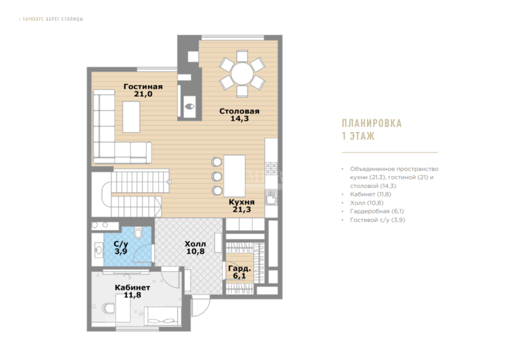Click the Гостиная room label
click(143, 87)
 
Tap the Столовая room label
click(240, 111)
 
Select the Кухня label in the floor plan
click(242, 202)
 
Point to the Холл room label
click(195, 244)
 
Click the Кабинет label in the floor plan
click(132, 287)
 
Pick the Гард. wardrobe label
click(240, 269)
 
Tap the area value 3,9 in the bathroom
click(121, 252)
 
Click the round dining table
click(242, 74)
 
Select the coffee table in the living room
click(131, 116)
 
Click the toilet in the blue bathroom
click(138, 233)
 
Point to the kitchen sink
click(271, 197)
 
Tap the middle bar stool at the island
click(216, 176)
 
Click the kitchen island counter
click(235, 176)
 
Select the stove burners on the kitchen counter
click(271, 169)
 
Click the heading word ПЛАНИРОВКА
click(372, 123)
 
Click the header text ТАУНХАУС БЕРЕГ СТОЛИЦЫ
click(53, 19)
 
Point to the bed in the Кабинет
click(162, 316)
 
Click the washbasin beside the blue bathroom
click(98, 250)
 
